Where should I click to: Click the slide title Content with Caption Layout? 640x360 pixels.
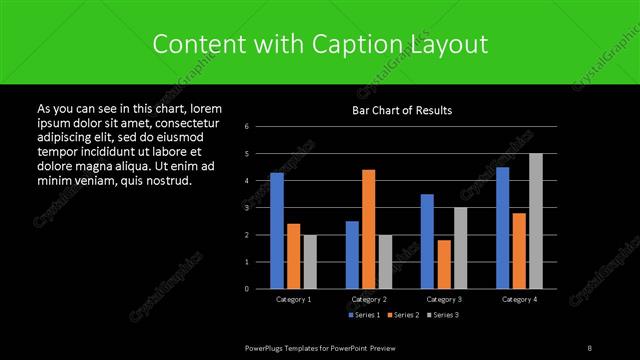(320, 44)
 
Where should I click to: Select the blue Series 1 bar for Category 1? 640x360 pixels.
(277, 230)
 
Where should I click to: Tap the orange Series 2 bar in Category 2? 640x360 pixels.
(368, 229)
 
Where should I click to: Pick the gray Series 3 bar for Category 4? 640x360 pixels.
(535, 221)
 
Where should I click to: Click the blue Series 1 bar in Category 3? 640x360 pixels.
(427, 241)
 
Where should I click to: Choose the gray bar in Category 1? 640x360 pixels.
(309, 261)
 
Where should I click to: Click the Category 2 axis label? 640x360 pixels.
(368, 299)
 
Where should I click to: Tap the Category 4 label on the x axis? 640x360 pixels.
(519, 299)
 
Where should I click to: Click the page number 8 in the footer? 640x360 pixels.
(590, 347)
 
